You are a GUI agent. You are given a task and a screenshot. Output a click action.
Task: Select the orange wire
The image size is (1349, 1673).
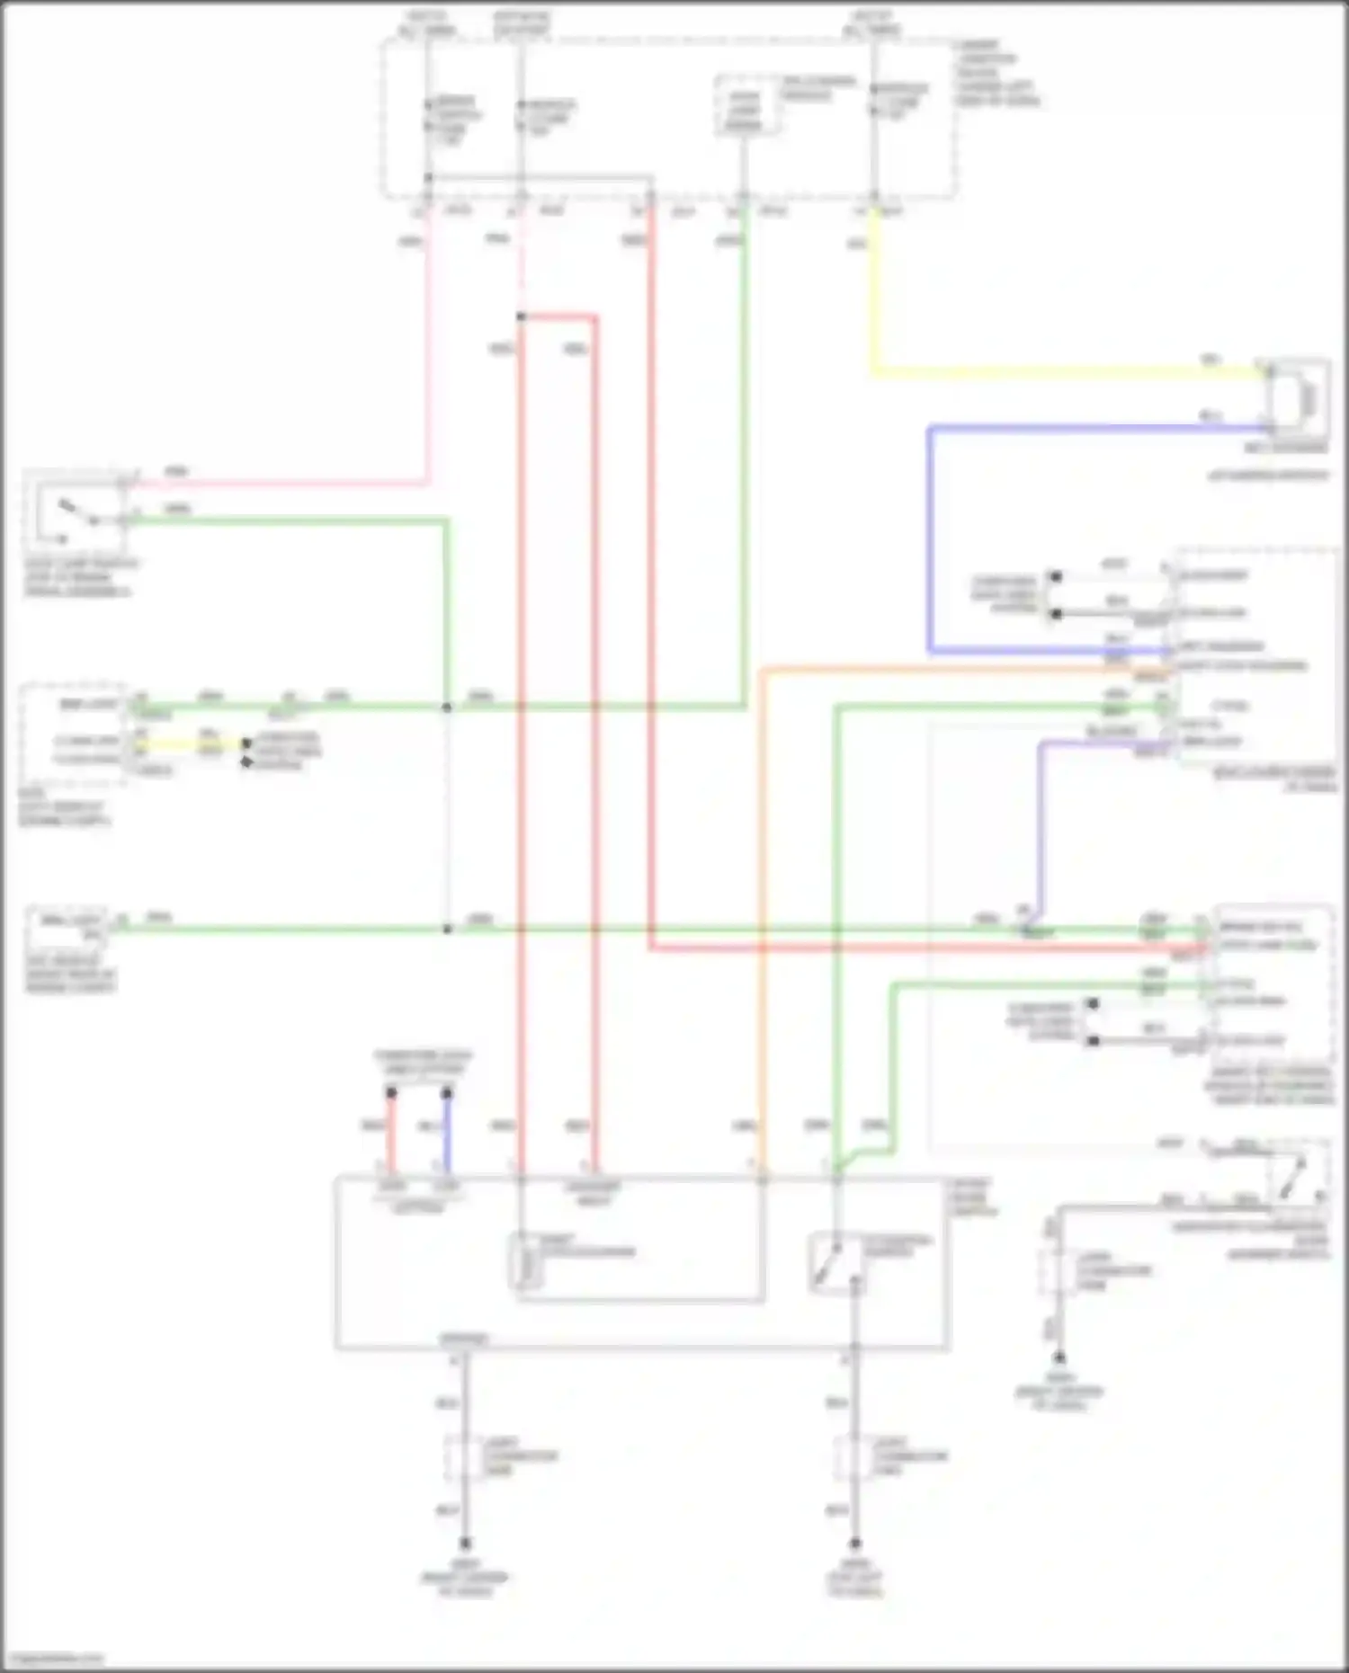(761, 899)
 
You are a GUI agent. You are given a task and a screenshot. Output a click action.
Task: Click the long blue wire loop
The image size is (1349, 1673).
(931, 539)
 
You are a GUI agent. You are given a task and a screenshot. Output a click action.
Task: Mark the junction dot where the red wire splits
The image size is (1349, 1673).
(521, 316)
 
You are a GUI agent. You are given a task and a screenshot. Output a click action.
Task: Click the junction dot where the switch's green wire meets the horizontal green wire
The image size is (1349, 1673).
(447, 707)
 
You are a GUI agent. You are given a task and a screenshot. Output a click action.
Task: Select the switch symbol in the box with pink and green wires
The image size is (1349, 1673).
(76, 514)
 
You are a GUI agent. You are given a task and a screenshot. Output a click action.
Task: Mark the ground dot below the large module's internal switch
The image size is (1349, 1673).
(854, 1543)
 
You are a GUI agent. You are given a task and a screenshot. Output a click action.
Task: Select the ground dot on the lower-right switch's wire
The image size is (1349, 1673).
(1059, 1358)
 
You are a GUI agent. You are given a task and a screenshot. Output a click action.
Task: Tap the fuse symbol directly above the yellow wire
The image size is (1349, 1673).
(873, 101)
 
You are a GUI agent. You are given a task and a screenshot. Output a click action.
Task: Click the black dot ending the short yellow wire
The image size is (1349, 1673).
(246, 744)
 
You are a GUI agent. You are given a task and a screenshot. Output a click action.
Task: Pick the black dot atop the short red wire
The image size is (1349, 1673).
(391, 1093)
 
